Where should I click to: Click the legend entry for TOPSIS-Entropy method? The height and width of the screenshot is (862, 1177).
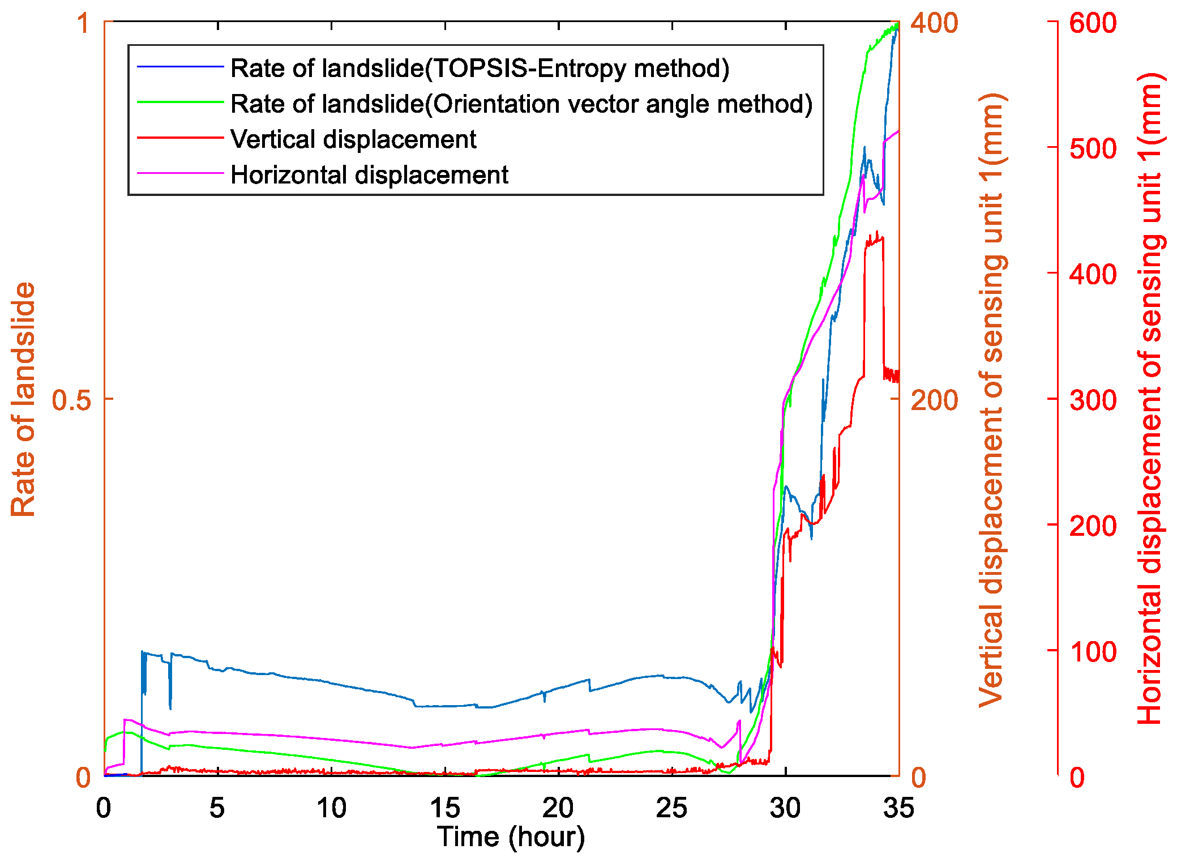pyautogui.click(x=480, y=69)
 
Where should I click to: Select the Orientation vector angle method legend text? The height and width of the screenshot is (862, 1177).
pyautogui.click(x=521, y=104)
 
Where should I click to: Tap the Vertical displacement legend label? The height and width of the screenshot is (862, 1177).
pyautogui.click(x=353, y=139)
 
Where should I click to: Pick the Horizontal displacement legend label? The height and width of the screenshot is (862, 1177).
pyautogui.click(x=369, y=175)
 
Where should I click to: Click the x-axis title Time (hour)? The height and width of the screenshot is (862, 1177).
pyautogui.click(x=511, y=837)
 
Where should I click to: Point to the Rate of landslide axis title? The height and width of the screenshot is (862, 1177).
pyautogui.click(x=23, y=399)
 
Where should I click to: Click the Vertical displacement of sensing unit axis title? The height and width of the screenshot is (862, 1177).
pyautogui.click(x=992, y=399)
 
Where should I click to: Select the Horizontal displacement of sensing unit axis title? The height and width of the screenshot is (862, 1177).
pyautogui.click(x=1149, y=399)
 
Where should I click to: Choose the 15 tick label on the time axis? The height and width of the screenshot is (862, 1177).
pyautogui.click(x=445, y=808)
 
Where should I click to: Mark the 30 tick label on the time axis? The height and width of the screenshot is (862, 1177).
pyautogui.click(x=785, y=808)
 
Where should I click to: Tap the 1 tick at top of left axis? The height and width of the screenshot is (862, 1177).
pyautogui.click(x=83, y=24)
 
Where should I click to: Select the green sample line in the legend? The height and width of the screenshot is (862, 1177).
pyautogui.click(x=180, y=103)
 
